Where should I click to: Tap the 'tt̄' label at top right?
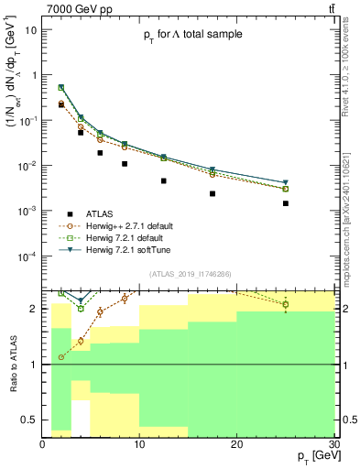pos(328,8)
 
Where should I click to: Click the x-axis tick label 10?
pos(139,442)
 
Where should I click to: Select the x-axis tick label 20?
pos(236,442)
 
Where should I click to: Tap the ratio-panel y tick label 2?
pos(35,309)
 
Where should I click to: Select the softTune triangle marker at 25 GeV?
pos(286,183)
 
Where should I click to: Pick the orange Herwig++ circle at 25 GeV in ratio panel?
pos(286,304)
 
